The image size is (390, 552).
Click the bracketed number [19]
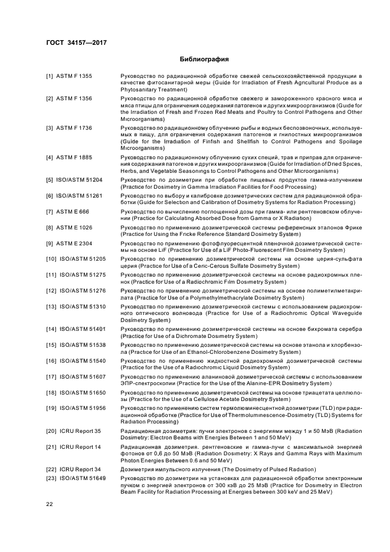(x=51, y=408)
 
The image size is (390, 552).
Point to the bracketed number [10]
(x=51, y=259)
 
